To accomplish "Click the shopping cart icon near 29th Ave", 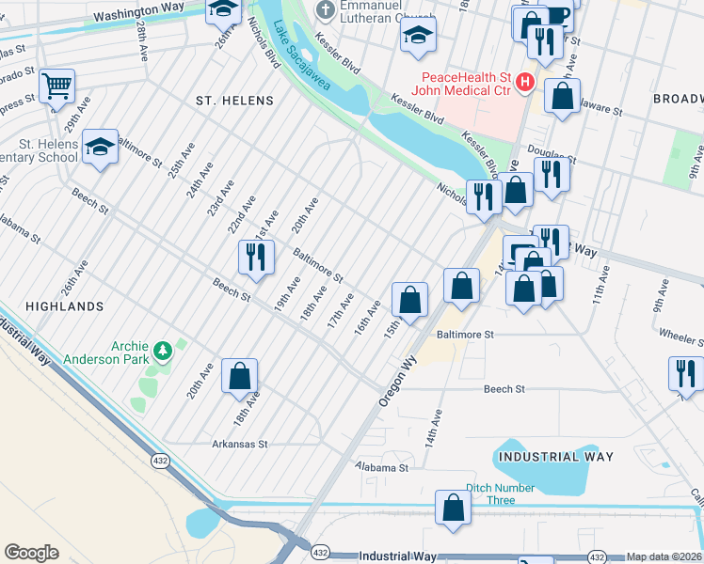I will pos(57,86).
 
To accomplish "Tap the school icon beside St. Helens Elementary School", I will pos(100,147).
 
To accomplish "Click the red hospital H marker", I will pos(524,83).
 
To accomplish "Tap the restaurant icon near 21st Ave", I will pos(256,258).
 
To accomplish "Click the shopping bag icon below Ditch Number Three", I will pos(453,509).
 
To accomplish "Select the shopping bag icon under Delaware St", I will pos(563,96).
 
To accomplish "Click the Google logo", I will pos(31,553).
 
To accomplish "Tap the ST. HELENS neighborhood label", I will pos(234,101).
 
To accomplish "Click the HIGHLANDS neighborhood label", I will pos(64,306).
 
